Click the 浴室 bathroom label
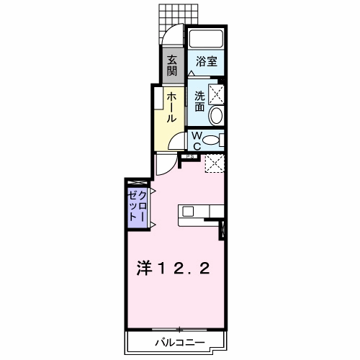(207, 62)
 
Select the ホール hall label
(173, 106)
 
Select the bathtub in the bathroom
(207, 40)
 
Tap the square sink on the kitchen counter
(188, 211)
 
